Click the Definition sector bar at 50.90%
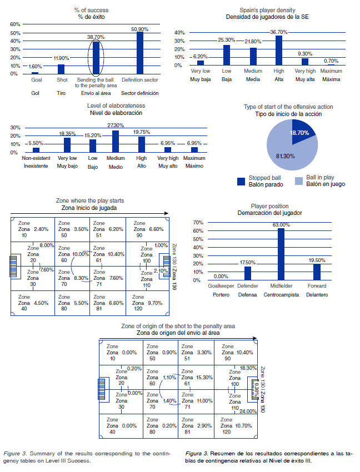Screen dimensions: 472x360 140,53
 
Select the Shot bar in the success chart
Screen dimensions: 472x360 61,69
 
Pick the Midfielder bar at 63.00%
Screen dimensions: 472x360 281,254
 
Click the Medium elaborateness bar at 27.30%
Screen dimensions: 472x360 116,141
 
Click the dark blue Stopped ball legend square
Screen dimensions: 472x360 241,181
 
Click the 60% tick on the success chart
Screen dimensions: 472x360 16,24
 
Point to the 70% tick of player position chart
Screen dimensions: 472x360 197,223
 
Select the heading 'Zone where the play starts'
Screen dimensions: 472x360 90,200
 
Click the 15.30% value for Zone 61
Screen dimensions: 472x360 204,378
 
